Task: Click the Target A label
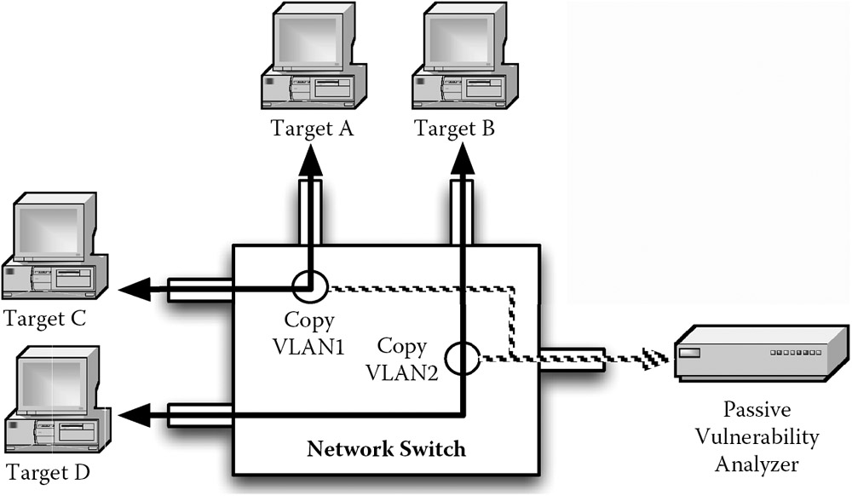click(x=312, y=130)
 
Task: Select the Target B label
click(x=454, y=130)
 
